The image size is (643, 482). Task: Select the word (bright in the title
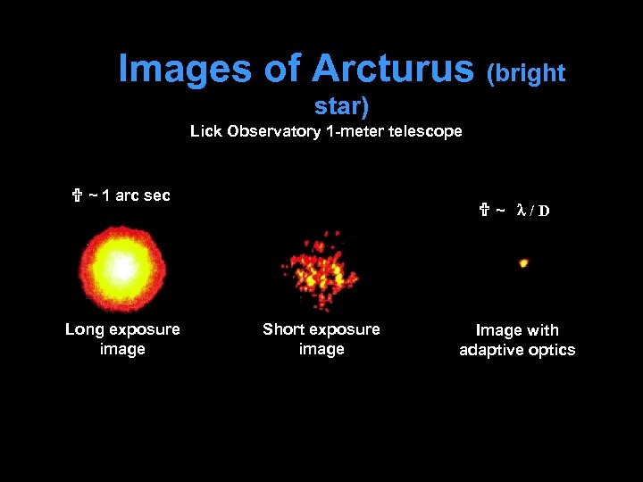pos(525,73)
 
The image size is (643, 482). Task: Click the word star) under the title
pos(341,107)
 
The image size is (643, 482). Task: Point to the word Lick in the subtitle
pos(205,132)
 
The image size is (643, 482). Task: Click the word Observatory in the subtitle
pos(272,132)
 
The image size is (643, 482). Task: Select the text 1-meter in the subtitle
pos(355,132)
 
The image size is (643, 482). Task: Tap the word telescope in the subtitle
pos(425,132)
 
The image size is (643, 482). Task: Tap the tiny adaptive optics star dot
pos(523,262)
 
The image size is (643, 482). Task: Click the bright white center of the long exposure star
pos(120,264)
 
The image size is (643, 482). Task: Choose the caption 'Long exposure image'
pos(122,339)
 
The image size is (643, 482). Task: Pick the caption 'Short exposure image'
pos(321,339)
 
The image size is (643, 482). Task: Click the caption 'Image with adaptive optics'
pos(517,340)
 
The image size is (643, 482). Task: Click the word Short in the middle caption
pos(283,329)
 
